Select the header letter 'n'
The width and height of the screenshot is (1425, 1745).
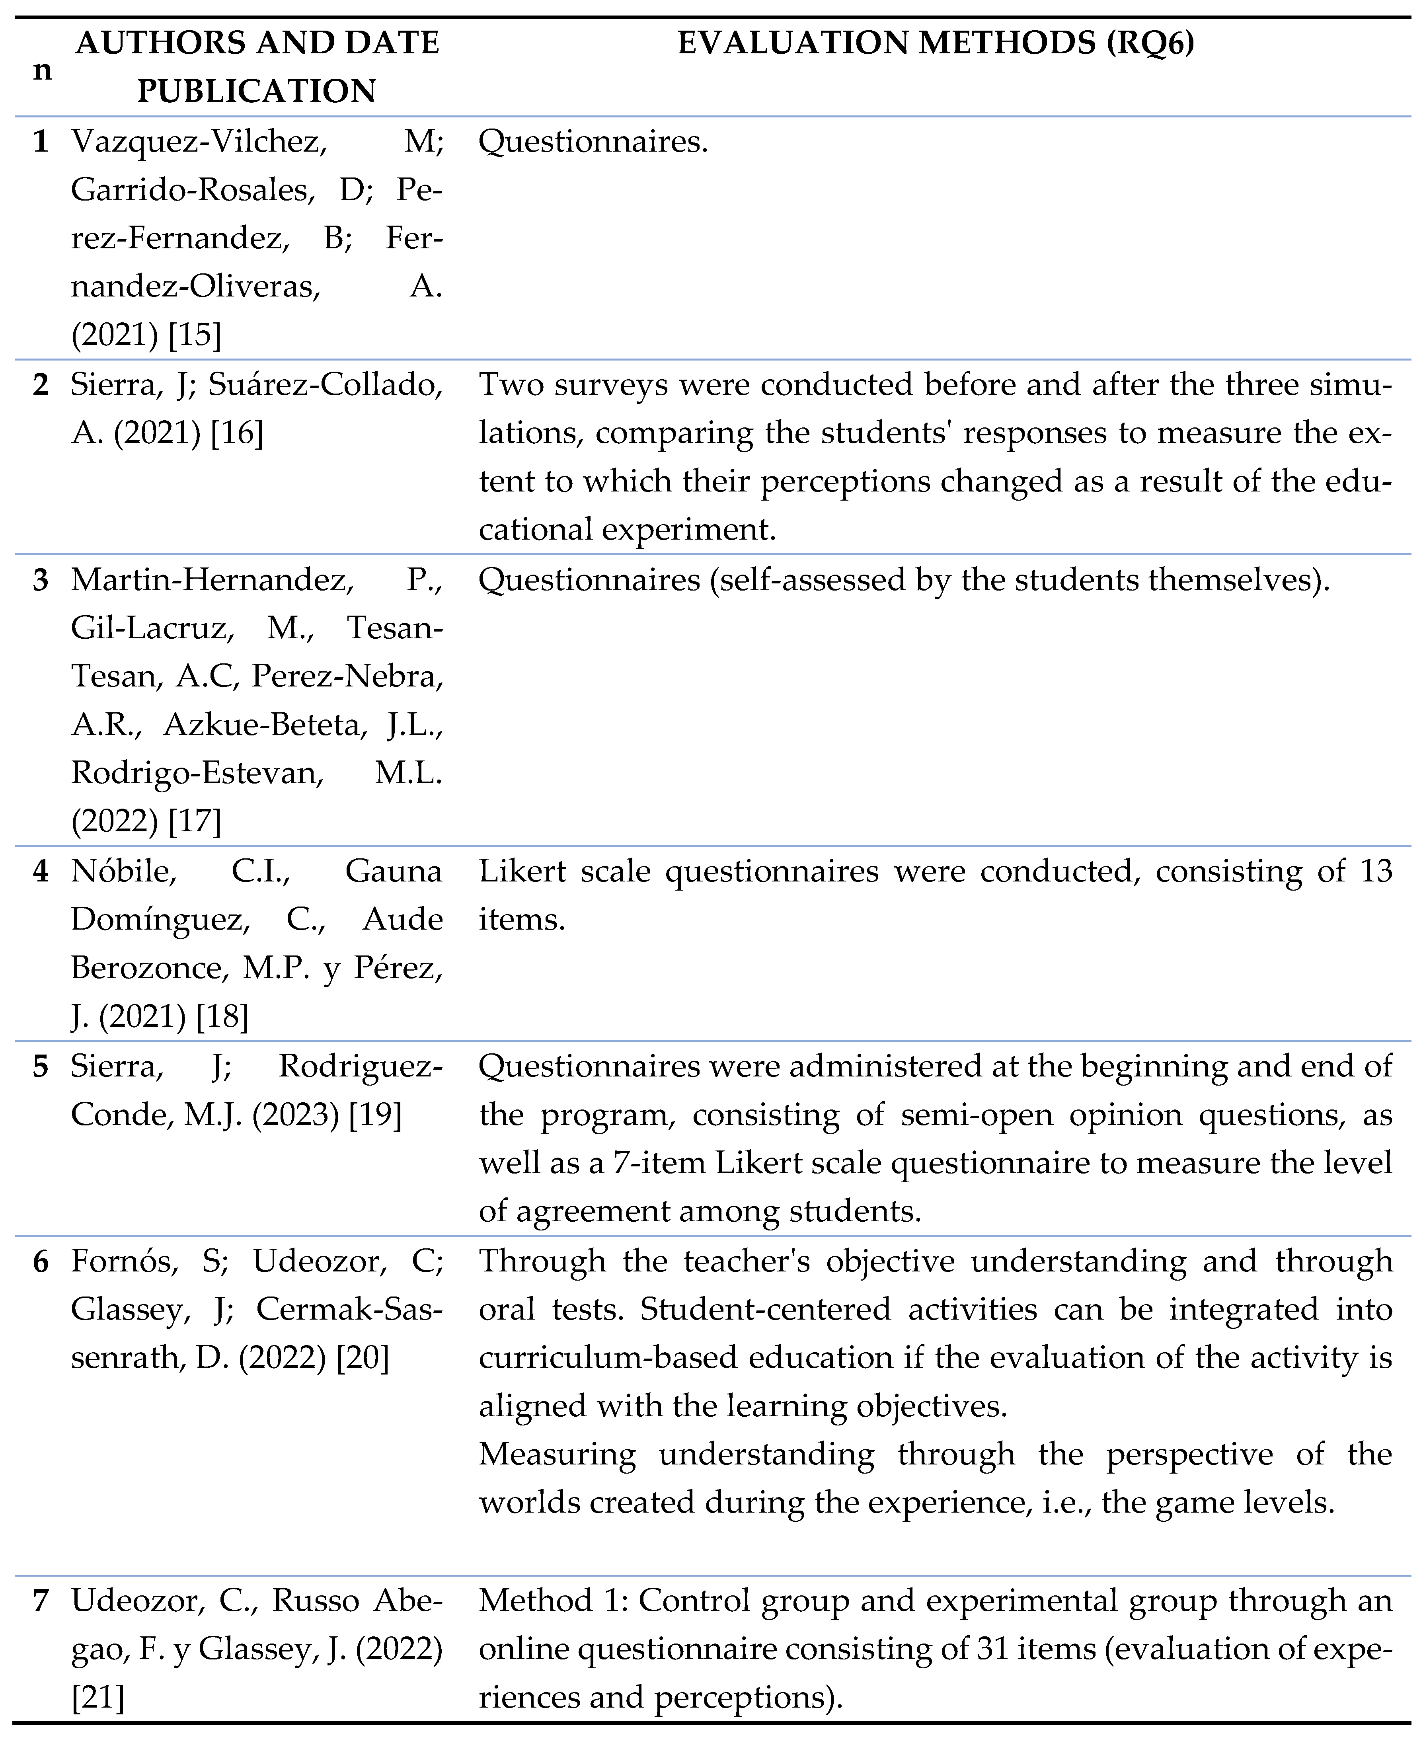pyautogui.click(x=42, y=70)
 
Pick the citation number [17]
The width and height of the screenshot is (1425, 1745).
pyautogui.click(x=195, y=821)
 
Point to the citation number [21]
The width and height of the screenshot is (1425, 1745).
pyautogui.click(x=97, y=1697)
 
